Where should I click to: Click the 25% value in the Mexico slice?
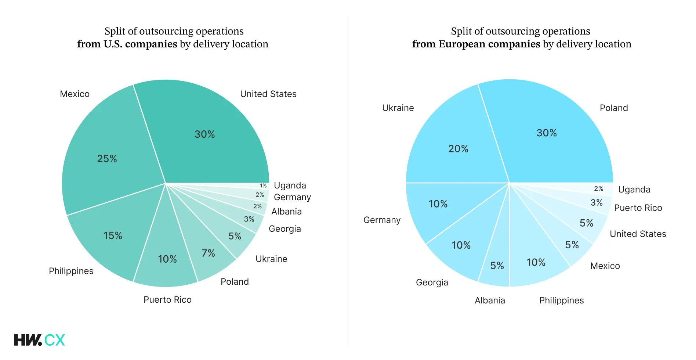[107, 159]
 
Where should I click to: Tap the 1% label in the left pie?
[263, 186]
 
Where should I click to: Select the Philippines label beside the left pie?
[71, 271]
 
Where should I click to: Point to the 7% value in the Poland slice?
[208, 253]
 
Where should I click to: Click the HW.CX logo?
[39, 340]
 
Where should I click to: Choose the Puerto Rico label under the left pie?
[167, 300]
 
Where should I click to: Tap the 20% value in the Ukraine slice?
[458, 149]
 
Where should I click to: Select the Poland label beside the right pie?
[614, 108]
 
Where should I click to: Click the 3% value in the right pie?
[597, 203]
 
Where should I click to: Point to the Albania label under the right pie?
[490, 300]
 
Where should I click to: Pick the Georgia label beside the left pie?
[284, 229]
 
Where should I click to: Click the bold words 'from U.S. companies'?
[127, 44]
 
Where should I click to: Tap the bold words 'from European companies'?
[476, 44]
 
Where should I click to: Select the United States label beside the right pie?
[638, 234]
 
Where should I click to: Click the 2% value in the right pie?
[598, 189]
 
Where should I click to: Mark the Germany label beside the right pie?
[382, 220]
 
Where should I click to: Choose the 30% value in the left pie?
[204, 134]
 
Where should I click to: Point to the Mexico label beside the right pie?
[605, 266]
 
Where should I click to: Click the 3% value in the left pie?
[249, 219]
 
